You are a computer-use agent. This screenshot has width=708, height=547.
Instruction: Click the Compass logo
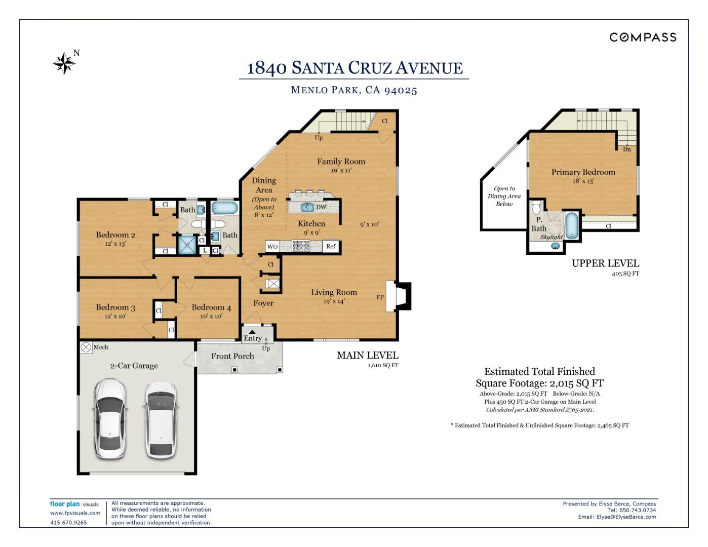643,37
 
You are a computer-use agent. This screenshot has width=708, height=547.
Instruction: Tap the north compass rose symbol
64,63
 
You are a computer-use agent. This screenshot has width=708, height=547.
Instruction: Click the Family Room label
341,162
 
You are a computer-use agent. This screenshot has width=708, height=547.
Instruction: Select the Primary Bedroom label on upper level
583,172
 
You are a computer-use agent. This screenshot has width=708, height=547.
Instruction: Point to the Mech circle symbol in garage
86,347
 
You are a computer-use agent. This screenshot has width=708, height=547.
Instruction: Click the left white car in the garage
110,418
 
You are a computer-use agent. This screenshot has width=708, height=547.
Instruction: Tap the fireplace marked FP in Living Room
398,296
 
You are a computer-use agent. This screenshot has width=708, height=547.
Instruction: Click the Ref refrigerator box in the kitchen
331,247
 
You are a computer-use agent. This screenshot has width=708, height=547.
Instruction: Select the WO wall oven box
272,247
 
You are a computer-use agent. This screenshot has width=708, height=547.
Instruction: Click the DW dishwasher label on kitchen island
321,207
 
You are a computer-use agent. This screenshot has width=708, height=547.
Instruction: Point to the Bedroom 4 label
211,307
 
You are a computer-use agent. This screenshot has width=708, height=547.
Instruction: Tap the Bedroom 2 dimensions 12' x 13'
115,244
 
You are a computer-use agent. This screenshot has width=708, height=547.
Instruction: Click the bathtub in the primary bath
572,225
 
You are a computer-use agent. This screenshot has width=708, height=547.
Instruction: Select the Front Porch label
232,356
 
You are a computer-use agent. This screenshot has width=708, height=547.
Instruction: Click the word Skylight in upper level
551,237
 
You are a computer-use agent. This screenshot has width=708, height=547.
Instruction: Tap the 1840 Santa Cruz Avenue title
355,68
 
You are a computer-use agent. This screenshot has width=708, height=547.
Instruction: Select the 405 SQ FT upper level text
625,273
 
